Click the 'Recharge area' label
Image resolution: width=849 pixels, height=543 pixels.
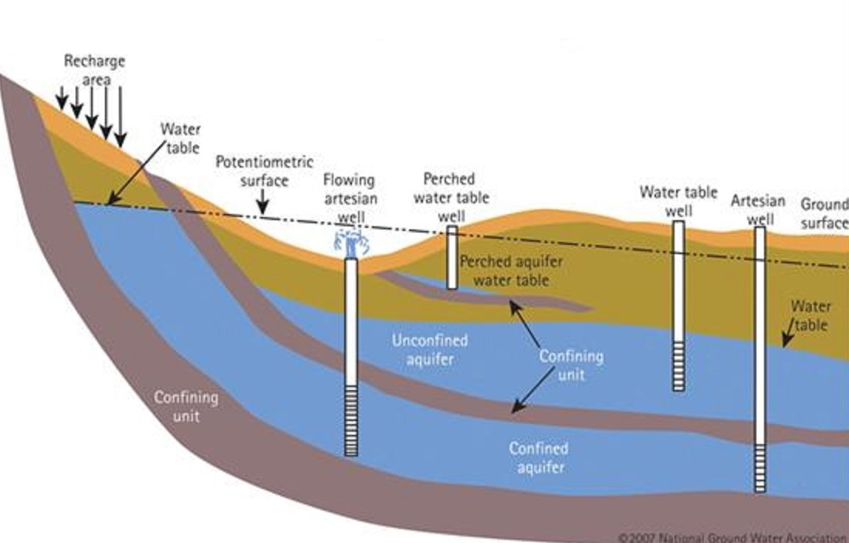pyautogui.click(x=94, y=70)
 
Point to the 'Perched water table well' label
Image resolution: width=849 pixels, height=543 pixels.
pyautogui.click(x=452, y=198)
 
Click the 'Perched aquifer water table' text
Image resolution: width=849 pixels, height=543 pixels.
pyautogui.click(x=510, y=270)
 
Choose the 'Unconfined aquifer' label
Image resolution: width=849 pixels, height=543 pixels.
pyautogui.click(x=430, y=348)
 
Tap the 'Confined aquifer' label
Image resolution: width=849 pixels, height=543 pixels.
pyautogui.click(x=538, y=457)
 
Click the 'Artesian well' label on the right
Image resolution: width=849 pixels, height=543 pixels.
pyautogui.click(x=758, y=209)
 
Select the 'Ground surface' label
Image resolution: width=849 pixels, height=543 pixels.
pyautogui.click(x=824, y=214)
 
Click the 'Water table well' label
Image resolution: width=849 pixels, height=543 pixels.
pyautogui.click(x=678, y=201)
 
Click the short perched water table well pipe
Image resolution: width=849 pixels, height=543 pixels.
pyautogui.click(x=452, y=257)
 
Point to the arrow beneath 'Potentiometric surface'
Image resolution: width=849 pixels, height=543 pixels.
pyautogui.click(x=263, y=202)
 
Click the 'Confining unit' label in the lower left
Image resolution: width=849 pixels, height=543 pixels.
pyautogui.click(x=186, y=406)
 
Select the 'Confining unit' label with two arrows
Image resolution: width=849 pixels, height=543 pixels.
pyautogui.click(x=570, y=365)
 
